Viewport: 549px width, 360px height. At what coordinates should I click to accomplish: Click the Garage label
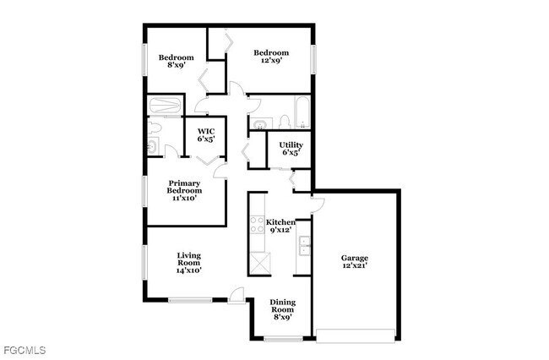pyautogui.click(x=355, y=263)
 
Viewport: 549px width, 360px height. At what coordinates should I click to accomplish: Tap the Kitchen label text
pyautogui.click(x=280, y=226)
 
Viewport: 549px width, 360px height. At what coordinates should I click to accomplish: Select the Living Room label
pyautogui.click(x=188, y=263)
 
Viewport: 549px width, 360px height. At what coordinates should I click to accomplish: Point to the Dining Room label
pyautogui.click(x=282, y=309)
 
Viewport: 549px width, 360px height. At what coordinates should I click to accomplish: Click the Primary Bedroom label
pyautogui.click(x=183, y=190)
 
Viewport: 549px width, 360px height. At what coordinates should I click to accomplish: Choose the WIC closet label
pyautogui.click(x=206, y=135)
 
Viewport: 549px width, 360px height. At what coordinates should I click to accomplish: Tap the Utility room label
pyautogui.click(x=291, y=149)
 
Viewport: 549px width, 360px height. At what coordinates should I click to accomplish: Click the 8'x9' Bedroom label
pyautogui.click(x=177, y=61)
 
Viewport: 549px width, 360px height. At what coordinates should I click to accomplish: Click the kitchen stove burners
pyautogui.click(x=257, y=226)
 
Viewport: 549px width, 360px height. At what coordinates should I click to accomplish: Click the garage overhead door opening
pyautogui.click(x=356, y=332)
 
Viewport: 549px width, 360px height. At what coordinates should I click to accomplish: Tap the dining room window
pyautogui.click(x=282, y=339)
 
